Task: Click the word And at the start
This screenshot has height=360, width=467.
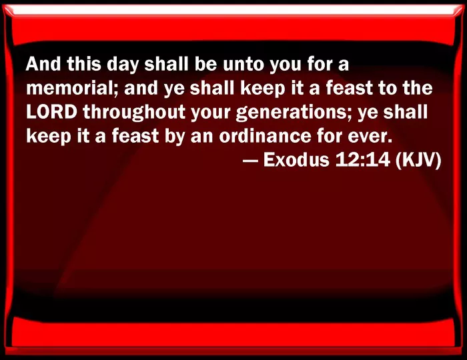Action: click(x=43, y=64)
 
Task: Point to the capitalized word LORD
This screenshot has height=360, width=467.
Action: click(x=51, y=112)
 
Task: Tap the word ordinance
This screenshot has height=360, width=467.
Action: click(x=265, y=136)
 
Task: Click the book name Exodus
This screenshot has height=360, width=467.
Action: click(x=296, y=160)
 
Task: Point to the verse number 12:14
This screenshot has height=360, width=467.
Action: click(x=362, y=160)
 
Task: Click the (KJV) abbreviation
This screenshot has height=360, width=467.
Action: click(x=418, y=161)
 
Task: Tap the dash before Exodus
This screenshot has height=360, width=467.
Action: click(x=250, y=161)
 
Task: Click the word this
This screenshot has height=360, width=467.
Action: click(x=83, y=64)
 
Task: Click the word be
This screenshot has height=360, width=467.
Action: click(x=205, y=64)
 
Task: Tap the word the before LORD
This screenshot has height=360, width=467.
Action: click(x=417, y=89)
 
